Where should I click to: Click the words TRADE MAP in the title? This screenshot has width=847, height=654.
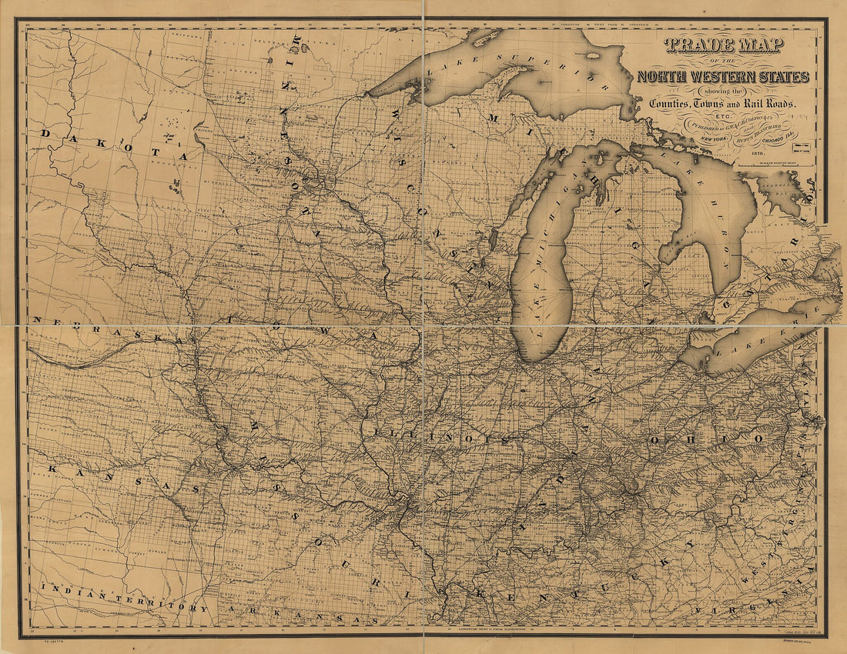point(721,48)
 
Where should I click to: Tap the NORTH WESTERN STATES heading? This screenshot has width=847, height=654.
point(722,76)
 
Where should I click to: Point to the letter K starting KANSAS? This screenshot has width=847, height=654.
point(52,467)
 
